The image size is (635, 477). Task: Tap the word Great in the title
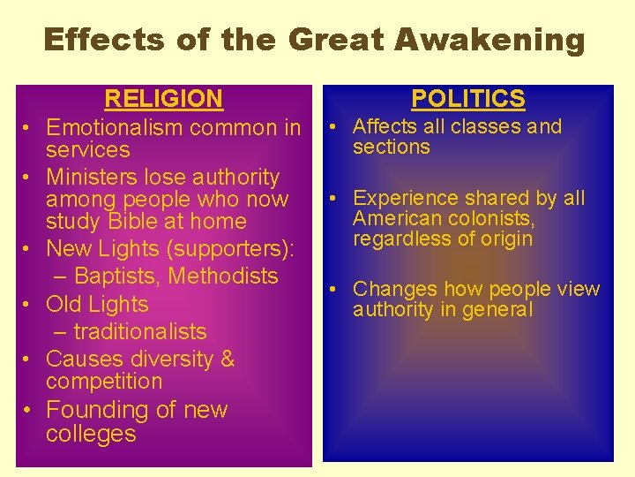[x=338, y=40]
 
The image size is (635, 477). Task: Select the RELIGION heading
[x=164, y=99]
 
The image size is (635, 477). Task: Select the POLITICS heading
[x=468, y=99]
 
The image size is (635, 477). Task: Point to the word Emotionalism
[x=116, y=128]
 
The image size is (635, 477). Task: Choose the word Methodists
[x=223, y=276]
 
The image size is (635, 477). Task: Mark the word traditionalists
[x=140, y=332]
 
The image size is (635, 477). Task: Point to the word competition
[x=104, y=382]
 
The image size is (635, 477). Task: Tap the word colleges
[x=91, y=435]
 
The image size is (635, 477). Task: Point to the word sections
[x=391, y=148]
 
